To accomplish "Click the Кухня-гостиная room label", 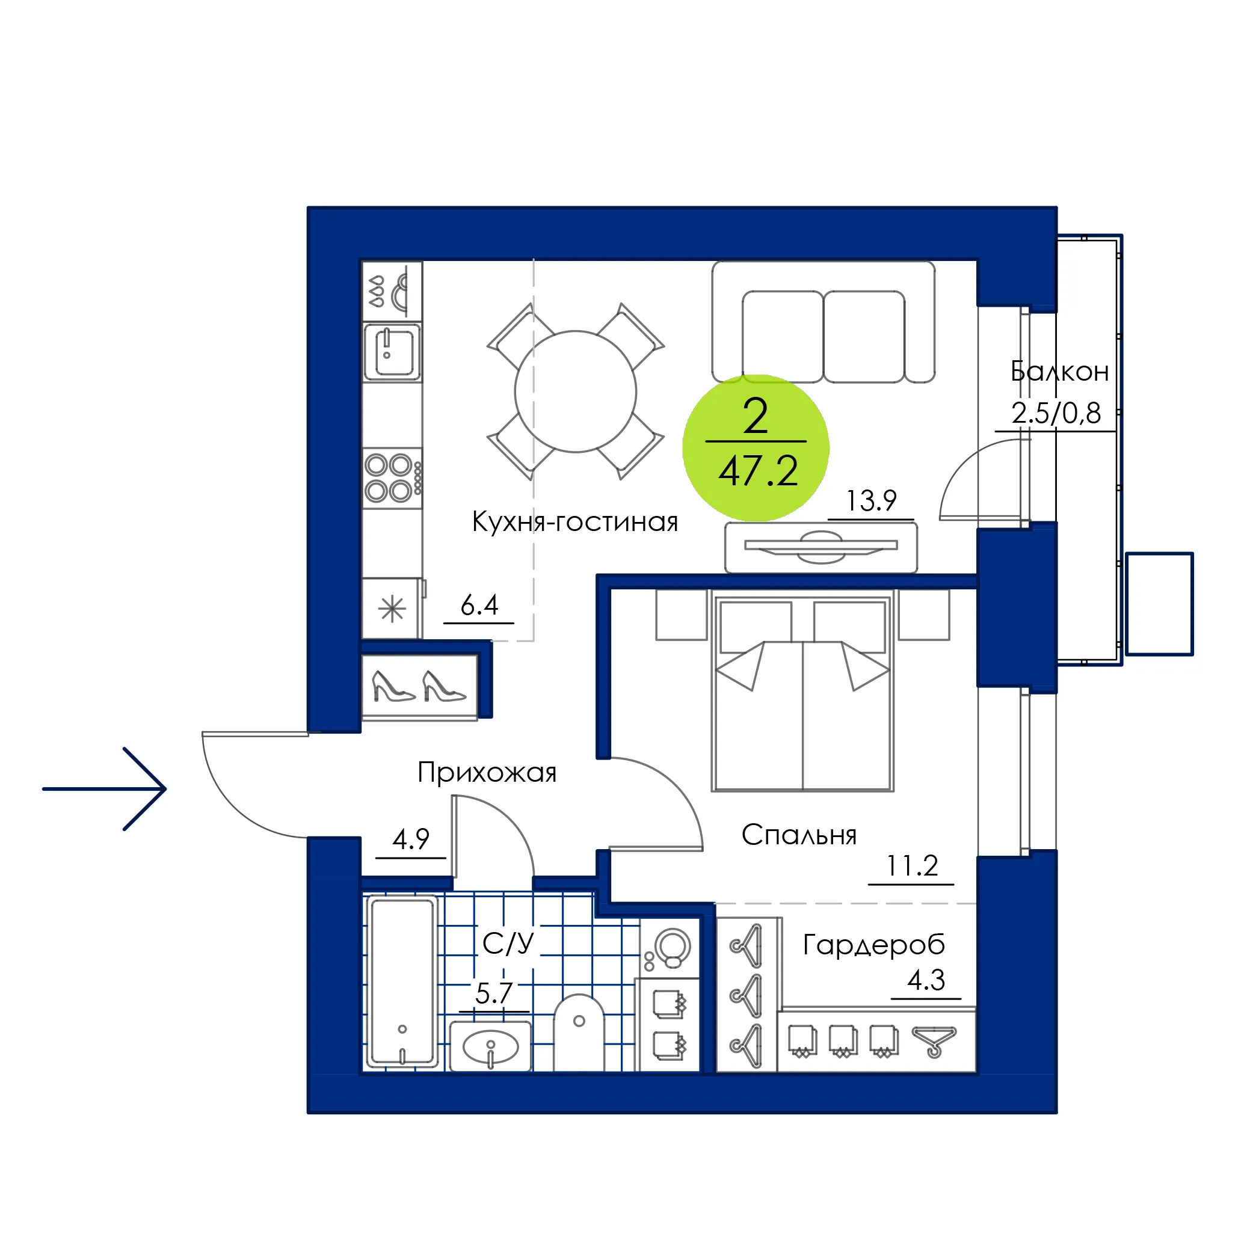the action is click(x=574, y=522).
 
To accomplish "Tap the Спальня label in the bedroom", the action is click(x=798, y=835).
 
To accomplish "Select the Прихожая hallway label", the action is click(x=487, y=772).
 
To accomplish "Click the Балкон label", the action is click(x=1059, y=371).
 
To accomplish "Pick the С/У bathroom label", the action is click(x=508, y=944).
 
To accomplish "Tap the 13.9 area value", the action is click(x=871, y=501).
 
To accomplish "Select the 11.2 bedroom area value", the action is click(x=911, y=865).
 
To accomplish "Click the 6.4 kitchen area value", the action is click(x=479, y=606).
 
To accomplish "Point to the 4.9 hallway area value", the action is click(x=411, y=839).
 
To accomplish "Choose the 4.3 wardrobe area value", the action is click(x=926, y=980).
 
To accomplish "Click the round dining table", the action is click(x=575, y=391).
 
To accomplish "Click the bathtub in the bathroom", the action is click(x=402, y=981).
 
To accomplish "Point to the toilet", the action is click(x=579, y=1033).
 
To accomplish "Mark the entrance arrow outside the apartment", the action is click(x=104, y=788).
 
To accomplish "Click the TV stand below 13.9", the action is click(x=821, y=547).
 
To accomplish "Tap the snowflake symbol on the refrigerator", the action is click(x=392, y=609).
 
